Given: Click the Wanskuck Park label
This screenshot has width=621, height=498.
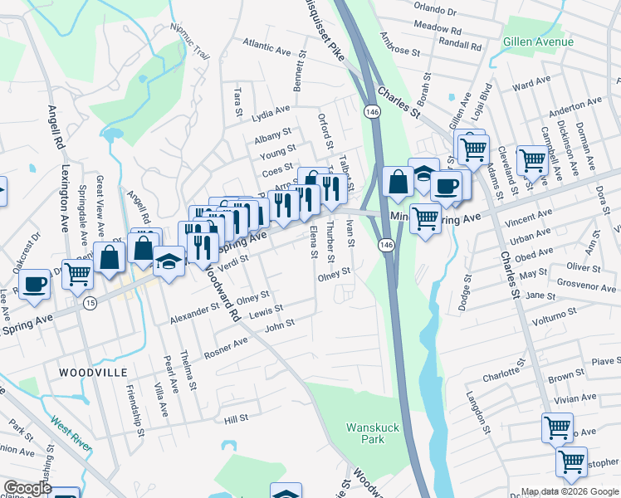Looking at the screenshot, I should coord(367,433).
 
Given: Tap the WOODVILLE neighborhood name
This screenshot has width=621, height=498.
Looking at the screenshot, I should coord(92,373).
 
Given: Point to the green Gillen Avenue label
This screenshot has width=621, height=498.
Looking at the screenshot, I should coord(537,41).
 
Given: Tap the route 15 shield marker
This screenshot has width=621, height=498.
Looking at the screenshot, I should coord(89,304).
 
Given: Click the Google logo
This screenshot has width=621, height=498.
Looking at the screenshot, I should coord(27,488).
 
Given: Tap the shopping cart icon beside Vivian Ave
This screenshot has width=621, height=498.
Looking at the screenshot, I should coord(557,427).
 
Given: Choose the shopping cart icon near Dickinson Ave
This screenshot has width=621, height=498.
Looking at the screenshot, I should coord(531,160).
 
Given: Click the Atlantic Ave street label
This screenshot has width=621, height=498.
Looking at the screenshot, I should coord(266,46).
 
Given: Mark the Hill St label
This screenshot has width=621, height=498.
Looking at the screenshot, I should coord(237,420).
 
